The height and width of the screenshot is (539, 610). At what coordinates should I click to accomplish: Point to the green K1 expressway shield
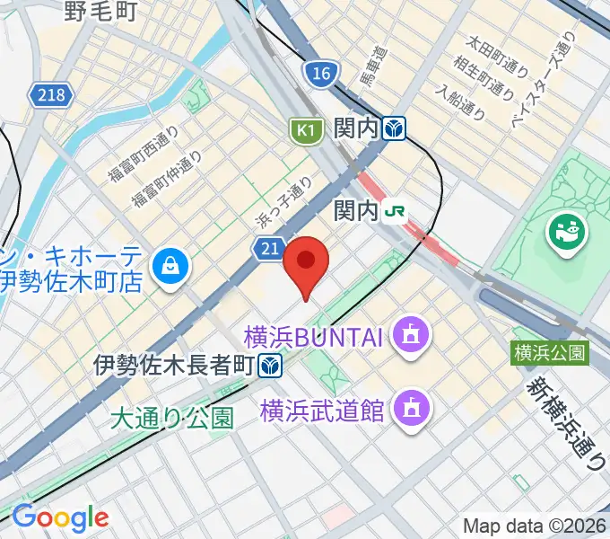pos(306,131)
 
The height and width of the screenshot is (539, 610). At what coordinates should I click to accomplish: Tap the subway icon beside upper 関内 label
pos(392,129)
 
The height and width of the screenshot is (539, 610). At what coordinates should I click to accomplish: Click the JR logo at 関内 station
pos(393,211)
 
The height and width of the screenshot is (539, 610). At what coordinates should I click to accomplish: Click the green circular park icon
pos(567,234)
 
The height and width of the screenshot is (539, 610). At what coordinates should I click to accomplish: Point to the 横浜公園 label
pos(550,352)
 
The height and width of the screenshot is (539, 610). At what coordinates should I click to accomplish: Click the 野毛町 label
pos(100,11)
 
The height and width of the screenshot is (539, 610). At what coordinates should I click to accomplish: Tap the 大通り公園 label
pos(172,417)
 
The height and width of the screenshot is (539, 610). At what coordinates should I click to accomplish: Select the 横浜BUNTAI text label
pos(313,339)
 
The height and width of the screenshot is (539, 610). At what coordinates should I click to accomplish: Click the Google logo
pos(60,517)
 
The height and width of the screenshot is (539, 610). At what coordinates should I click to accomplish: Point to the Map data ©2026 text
pos(535,526)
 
